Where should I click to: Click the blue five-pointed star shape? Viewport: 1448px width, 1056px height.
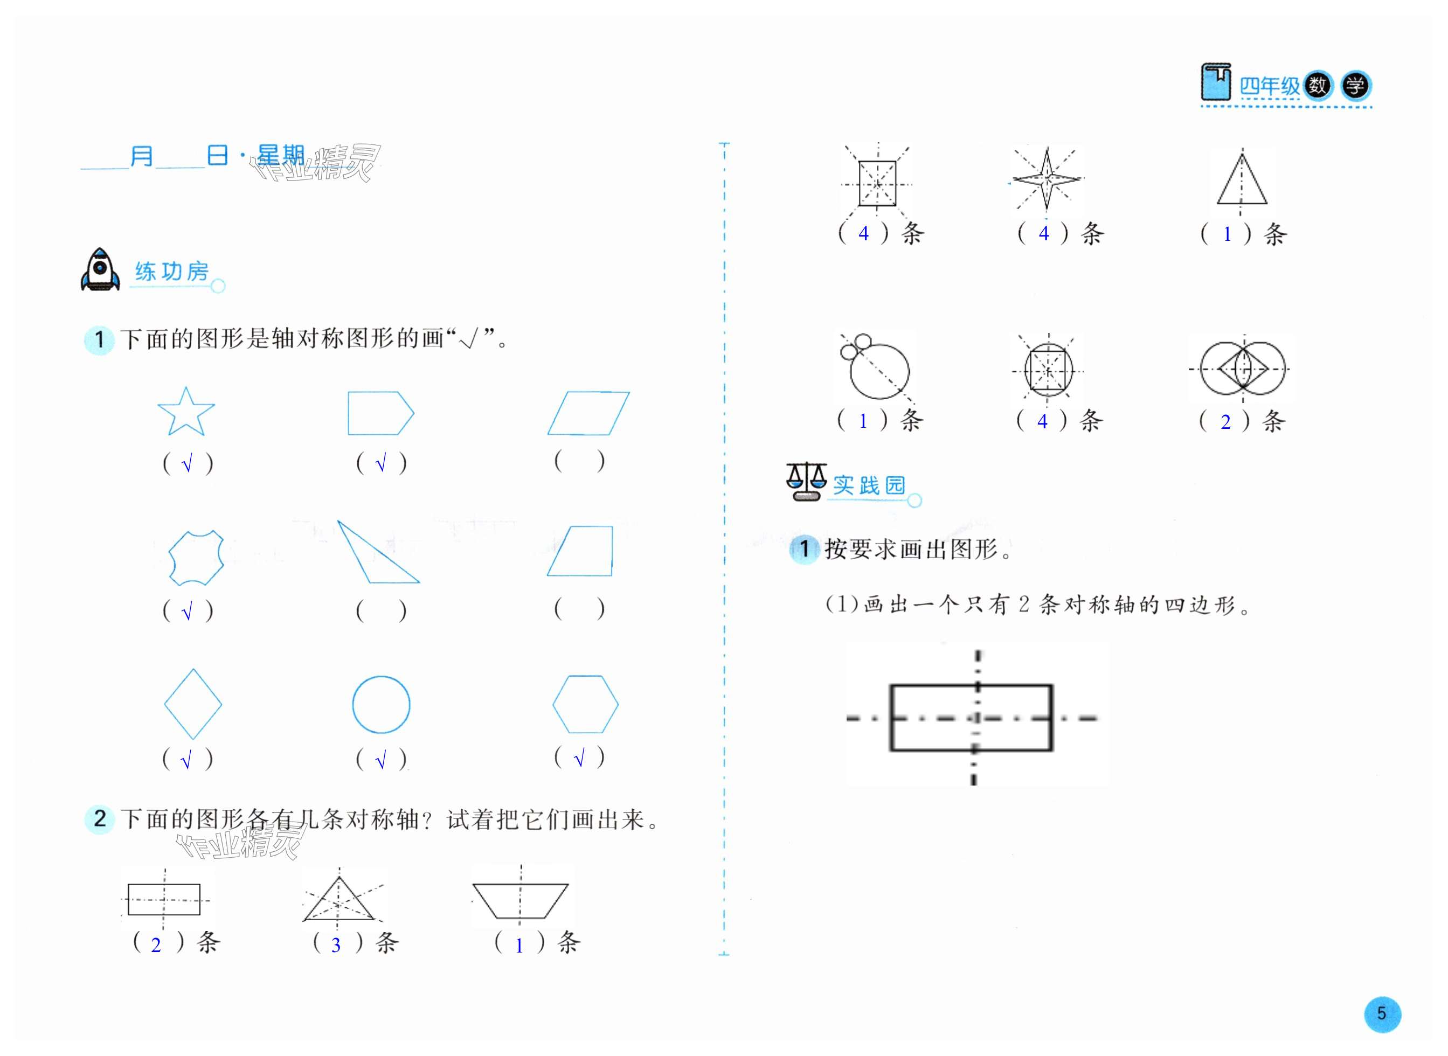[x=185, y=413]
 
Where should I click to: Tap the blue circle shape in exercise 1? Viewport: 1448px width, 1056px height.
[x=381, y=704]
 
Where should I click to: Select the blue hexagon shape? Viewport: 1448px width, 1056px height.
[x=585, y=704]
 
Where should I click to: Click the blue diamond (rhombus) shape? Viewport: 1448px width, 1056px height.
[x=193, y=704]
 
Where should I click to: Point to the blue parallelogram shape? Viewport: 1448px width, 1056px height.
[x=588, y=413]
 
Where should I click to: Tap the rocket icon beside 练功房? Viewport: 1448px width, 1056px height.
[x=100, y=270]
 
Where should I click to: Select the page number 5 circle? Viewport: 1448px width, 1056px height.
[x=1382, y=1014]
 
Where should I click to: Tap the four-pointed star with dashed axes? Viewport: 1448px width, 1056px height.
[x=1046, y=179]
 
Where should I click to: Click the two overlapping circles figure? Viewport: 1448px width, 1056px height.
[x=1242, y=369]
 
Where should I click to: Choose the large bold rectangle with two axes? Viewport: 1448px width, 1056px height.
[x=971, y=717]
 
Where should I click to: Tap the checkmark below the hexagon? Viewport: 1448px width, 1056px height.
[x=579, y=759]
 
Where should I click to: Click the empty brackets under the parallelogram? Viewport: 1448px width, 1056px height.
[x=579, y=461]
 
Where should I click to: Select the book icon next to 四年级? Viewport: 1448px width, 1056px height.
[x=1215, y=82]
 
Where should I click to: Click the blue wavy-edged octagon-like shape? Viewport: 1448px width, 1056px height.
[x=196, y=558]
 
